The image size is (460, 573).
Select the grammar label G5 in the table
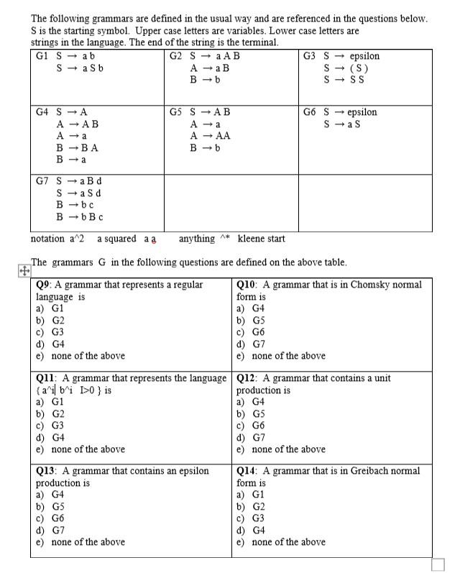tap(176, 112)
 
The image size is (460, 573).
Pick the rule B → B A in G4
tap(76, 147)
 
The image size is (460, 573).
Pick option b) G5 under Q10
tap(251, 320)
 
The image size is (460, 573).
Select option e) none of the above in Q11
tap(80, 449)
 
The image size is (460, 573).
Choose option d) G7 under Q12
tap(251, 437)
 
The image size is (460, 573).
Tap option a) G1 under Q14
tap(251, 495)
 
